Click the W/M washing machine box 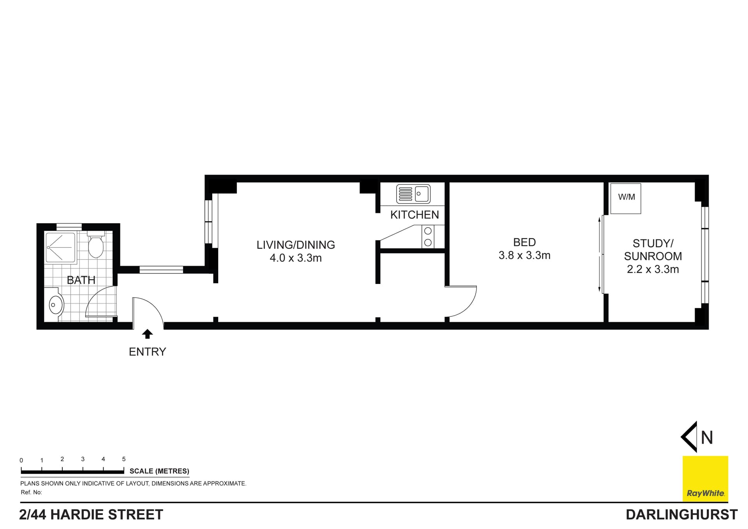point(625,198)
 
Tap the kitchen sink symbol point(413,194)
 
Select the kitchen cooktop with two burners point(428,236)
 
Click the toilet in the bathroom point(95,245)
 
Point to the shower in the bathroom point(60,247)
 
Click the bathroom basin point(56,305)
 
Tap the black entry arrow point(147,334)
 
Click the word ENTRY point(147,352)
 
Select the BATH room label point(81,280)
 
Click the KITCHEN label point(415,215)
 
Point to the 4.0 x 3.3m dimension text point(296,258)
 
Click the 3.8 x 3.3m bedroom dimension point(524,256)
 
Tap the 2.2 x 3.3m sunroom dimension point(653,269)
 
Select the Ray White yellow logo point(705,479)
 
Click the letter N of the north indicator point(707,438)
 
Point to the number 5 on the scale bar point(124,459)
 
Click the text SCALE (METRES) point(159,471)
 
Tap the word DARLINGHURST point(681,515)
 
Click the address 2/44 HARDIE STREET point(91,515)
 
